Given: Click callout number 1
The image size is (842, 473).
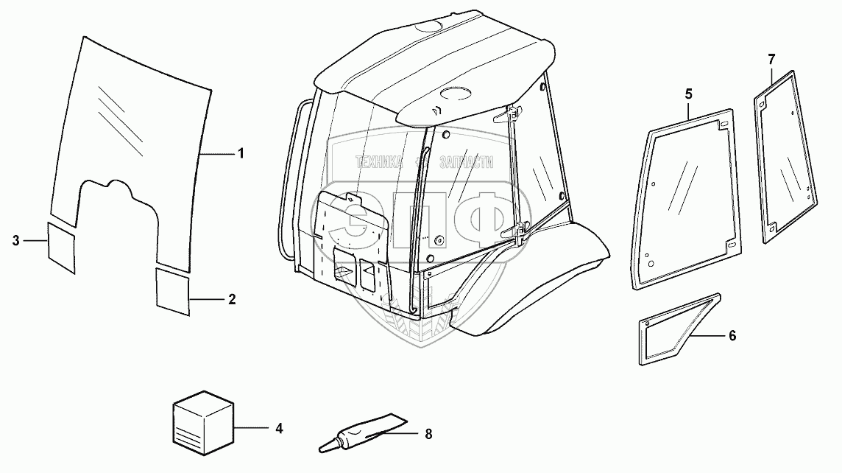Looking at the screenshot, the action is (240, 153).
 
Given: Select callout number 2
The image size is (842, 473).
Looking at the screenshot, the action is (232, 299).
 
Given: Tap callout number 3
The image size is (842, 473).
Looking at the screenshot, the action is (17, 239).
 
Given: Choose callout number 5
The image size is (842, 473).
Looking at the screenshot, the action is (689, 94).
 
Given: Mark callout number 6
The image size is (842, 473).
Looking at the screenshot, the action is (732, 335).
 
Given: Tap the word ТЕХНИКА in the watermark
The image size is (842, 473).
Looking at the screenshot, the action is (379, 163).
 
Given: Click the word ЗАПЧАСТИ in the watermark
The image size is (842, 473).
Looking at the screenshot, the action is (467, 163).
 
